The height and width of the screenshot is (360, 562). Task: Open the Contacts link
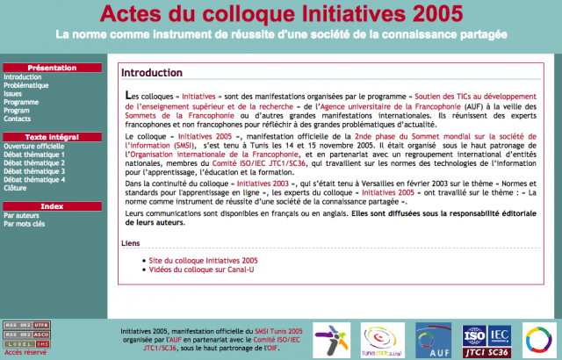click(17, 119)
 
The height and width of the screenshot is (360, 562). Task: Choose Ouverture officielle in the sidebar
click(33, 146)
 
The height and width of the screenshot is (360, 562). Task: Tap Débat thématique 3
click(33, 170)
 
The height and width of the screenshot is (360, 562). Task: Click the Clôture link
click(15, 187)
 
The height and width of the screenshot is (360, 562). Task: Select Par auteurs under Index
click(22, 215)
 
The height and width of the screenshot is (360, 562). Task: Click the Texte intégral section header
click(52, 136)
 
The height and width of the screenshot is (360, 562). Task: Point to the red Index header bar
click(52, 205)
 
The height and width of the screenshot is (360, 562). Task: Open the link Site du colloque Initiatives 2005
click(204, 261)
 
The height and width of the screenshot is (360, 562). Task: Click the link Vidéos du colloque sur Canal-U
click(207, 270)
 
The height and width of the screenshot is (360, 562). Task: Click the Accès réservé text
click(26, 351)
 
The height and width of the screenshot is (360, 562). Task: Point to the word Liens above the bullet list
click(130, 243)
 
